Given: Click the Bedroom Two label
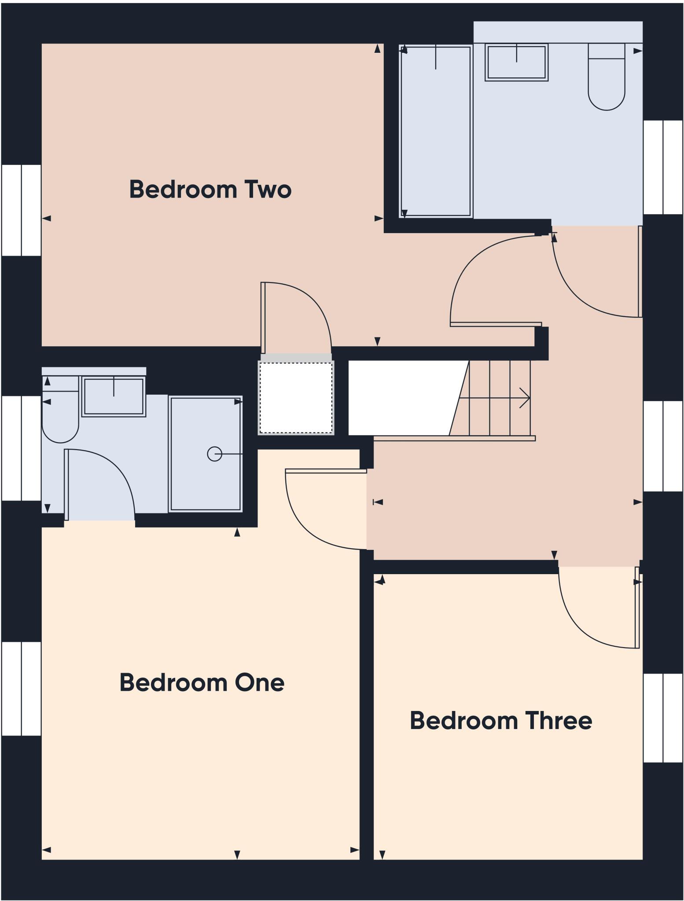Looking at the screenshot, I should coord(210,189).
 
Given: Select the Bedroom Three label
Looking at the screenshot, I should coord(500,721).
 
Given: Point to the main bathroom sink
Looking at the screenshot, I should coord(516,62).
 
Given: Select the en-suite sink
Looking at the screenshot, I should coord(114,397).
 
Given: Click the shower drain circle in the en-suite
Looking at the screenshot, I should coord(214,454).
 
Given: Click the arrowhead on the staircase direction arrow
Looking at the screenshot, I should coord(526,398).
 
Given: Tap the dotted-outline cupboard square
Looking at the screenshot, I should coord(296,398).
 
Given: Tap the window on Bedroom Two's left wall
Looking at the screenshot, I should coord(21,210).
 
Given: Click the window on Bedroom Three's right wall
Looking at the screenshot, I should coord(663,718).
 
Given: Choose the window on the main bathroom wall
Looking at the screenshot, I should coord(663,167).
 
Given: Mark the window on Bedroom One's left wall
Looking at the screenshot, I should coord(21,689).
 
